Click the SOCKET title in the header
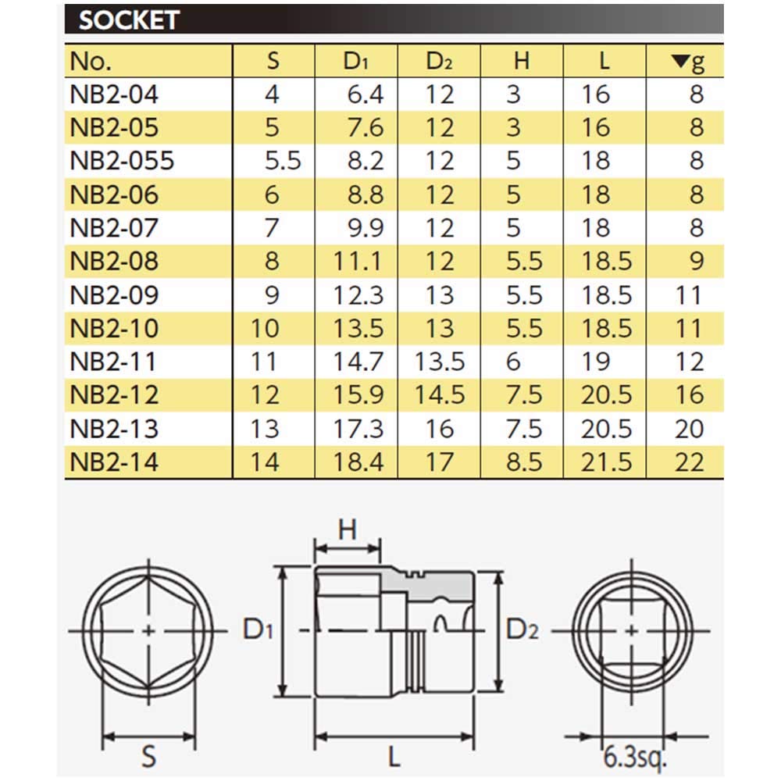point(129,20)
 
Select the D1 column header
point(356,62)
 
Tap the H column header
point(521,62)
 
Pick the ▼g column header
point(687,62)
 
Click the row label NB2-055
point(123,161)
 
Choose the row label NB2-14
point(114,462)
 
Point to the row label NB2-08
point(114,261)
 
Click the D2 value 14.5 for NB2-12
point(440,395)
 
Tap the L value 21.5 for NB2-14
point(606,462)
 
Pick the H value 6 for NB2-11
point(513,362)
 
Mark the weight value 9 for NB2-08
point(696,261)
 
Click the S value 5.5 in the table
point(283,161)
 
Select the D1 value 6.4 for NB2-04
point(365,95)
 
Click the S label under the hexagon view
point(148,756)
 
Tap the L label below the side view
point(395,756)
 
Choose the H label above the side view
point(348,530)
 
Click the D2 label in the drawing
point(522,629)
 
